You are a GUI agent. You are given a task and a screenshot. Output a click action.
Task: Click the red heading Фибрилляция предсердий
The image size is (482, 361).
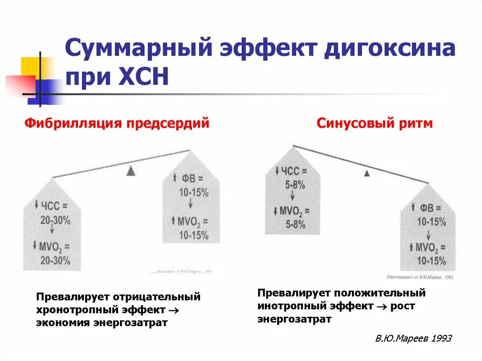click(x=117, y=124)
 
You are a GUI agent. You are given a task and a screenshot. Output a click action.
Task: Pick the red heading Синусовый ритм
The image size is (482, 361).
click(x=375, y=124)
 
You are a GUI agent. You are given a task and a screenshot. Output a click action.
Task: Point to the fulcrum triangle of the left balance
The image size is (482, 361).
click(x=131, y=172)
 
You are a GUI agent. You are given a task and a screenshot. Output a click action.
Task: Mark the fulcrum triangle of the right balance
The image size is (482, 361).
click(x=367, y=173)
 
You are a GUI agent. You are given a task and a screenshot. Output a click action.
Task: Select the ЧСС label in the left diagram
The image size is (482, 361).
click(x=54, y=206)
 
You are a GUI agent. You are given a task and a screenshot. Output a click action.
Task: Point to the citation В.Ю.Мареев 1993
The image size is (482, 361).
click(x=414, y=338)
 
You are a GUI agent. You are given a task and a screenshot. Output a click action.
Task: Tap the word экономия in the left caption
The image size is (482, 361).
click(x=60, y=323)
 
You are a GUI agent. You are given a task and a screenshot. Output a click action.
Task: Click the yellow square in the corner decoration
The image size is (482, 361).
click(x=31, y=66)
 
